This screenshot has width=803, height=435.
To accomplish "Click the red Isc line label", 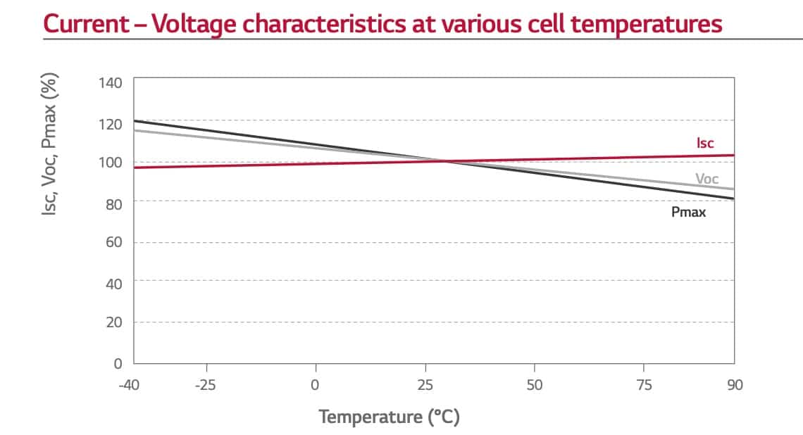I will point(705,144).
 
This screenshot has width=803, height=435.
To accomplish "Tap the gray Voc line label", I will point(706,179).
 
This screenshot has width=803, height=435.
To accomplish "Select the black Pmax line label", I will point(688,211).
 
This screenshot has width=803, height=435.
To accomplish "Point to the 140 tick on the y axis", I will point(111,83).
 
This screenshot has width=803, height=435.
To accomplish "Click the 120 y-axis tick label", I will point(111,124).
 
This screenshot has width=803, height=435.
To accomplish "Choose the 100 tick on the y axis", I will point(111,163).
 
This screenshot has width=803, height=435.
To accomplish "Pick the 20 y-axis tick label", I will point(113,323).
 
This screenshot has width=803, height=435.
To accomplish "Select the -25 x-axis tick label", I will point(206,385).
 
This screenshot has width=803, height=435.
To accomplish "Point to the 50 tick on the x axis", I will point(535,385).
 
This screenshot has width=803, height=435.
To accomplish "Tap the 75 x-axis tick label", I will point(644,385).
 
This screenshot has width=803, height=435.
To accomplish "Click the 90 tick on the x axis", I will point(735,385).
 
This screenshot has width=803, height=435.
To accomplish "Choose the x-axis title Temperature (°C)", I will point(390,417).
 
